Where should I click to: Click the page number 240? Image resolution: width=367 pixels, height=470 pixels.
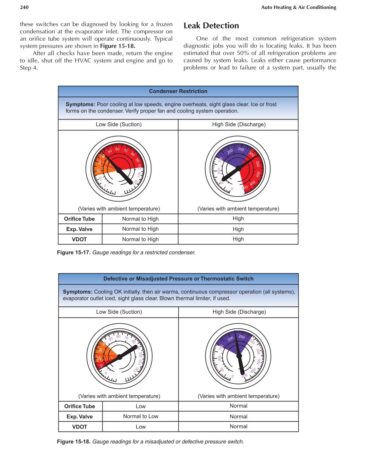coord(24,7)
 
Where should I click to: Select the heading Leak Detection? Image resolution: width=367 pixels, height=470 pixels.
coord(211,26)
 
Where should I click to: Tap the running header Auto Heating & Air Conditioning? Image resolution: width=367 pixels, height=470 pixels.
coord(298,7)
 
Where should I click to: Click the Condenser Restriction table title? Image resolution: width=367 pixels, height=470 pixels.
coord(178,91)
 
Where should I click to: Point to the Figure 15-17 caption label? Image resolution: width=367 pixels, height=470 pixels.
coord(74,252)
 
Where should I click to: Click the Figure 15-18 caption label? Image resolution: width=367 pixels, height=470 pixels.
coord(74,441)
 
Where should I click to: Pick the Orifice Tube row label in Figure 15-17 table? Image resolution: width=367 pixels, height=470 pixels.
coord(79,219)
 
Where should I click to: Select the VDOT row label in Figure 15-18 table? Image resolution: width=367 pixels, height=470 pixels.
coord(80,427)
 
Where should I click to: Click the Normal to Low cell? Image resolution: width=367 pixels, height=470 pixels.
coord(141,416)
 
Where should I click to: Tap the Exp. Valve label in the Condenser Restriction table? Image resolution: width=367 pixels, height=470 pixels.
coord(79,229)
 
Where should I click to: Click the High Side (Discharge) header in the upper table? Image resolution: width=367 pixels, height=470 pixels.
coord(239,125)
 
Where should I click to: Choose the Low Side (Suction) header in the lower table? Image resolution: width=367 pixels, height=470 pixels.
coord(119,312)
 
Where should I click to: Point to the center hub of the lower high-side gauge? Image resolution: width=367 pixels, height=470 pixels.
coord(239,356)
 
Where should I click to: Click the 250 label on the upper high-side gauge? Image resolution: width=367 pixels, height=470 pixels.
coord(241,149)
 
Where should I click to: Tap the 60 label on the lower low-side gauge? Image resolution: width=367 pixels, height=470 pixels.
coord(118,337)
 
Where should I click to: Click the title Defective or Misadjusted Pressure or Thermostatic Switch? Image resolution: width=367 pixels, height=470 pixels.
coord(178,279)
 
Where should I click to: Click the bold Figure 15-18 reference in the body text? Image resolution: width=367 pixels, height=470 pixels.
coord(117,46)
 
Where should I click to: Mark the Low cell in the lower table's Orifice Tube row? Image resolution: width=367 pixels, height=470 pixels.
coord(141,406)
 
